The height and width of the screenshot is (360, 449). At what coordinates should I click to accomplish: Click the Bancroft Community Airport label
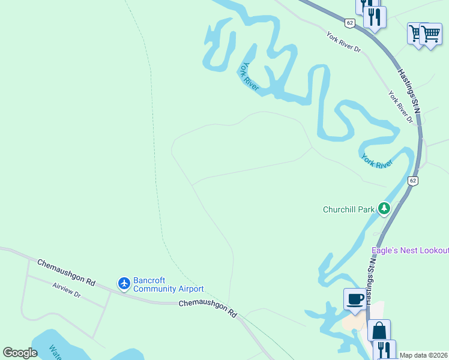168,284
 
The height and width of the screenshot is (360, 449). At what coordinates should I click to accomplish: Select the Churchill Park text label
348,209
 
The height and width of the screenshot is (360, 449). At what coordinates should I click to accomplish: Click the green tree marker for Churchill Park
384,209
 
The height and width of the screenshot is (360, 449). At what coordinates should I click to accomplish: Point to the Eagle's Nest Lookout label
410,250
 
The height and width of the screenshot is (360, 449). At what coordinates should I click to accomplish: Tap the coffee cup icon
354,298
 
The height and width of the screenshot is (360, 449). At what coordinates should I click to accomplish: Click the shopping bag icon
379,330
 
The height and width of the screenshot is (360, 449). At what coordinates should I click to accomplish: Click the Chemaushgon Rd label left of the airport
66,272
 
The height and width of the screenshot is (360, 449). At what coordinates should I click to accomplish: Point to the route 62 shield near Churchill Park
412,181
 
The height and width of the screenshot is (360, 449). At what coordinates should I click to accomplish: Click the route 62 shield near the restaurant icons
349,23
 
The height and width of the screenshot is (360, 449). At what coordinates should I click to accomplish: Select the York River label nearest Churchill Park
376,161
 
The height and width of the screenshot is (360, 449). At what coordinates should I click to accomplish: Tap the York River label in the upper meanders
250,77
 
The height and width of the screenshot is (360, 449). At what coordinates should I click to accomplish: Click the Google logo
20,353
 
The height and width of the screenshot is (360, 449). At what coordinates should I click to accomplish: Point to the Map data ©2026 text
424,355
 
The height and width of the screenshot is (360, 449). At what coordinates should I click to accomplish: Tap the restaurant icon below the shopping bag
384,350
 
